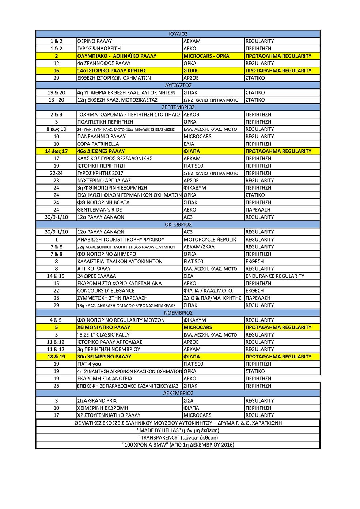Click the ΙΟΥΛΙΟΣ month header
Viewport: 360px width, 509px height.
pyautogui.click(x=178, y=34)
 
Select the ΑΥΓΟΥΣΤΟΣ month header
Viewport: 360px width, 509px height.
pyautogui.click(x=178, y=85)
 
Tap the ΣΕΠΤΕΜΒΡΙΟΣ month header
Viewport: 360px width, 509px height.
pyautogui.click(x=178, y=107)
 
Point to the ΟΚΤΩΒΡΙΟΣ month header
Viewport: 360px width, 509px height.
pyautogui.click(x=178, y=224)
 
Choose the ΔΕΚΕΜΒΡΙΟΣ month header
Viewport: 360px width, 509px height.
pyautogui.click(x=178, y=393)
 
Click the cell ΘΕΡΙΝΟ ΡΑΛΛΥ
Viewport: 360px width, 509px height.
pyautogui.click(x=95, y=41)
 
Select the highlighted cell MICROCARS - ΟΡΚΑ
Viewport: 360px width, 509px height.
pyautogui.click(x=206, y=56)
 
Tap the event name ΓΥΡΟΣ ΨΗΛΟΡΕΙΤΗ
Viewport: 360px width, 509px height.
pyautogui.click(x=99, y=49)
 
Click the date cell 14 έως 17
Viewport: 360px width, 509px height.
pyautogui.click(x=56, y=151)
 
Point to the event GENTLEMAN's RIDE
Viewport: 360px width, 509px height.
pyautogui.click(x=99, y=210)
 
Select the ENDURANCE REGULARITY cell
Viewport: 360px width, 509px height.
pyautogui.click(x=275, y=276)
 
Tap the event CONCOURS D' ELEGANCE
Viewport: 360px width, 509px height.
pyautogui.click(x=106, y=290)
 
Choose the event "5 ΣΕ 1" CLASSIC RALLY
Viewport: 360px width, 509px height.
pyautogui.click(x=103, y=335)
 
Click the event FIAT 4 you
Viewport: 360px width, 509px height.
pyautogui.click(x=89, y=364)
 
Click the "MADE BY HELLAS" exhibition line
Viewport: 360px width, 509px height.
pyautogui.click(x=178, y=430)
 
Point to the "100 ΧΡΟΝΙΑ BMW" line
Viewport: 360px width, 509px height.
pyautogui.click(x=178, y=445)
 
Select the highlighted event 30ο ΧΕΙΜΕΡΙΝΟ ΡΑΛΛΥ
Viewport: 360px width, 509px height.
pyautogui.click(x=104, y=357)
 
